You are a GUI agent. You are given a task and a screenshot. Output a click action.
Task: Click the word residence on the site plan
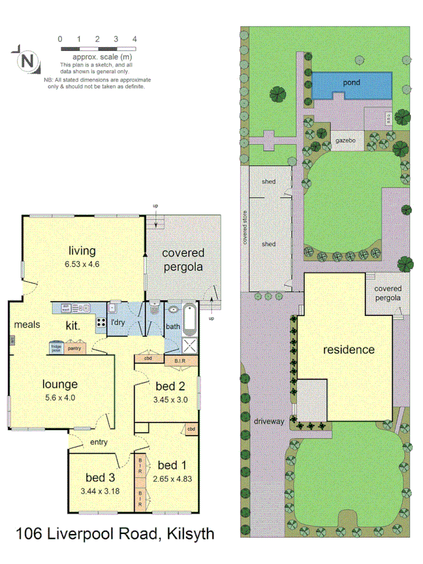[348, 350]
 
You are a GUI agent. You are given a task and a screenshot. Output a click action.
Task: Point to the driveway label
[269, 421]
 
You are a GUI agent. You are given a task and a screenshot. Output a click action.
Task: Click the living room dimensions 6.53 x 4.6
[82, 264]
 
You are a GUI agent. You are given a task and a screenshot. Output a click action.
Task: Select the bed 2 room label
[170, 385]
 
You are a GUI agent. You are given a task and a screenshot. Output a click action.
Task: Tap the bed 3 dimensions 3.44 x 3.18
[100, 490]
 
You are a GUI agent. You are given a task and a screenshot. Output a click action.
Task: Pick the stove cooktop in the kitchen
[100, 324]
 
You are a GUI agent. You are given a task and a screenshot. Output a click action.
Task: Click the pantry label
[75, 348]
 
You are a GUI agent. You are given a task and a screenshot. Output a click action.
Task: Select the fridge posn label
[56, 347]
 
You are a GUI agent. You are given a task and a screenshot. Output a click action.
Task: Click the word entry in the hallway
[99, 442]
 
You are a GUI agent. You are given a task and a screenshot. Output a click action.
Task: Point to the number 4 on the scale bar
[135, 39]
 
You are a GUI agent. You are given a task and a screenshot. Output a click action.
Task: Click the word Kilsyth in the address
[189, 534]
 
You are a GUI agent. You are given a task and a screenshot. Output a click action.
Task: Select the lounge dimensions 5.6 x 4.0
[61, 397]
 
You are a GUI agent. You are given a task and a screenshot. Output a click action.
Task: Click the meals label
[28, 324]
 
